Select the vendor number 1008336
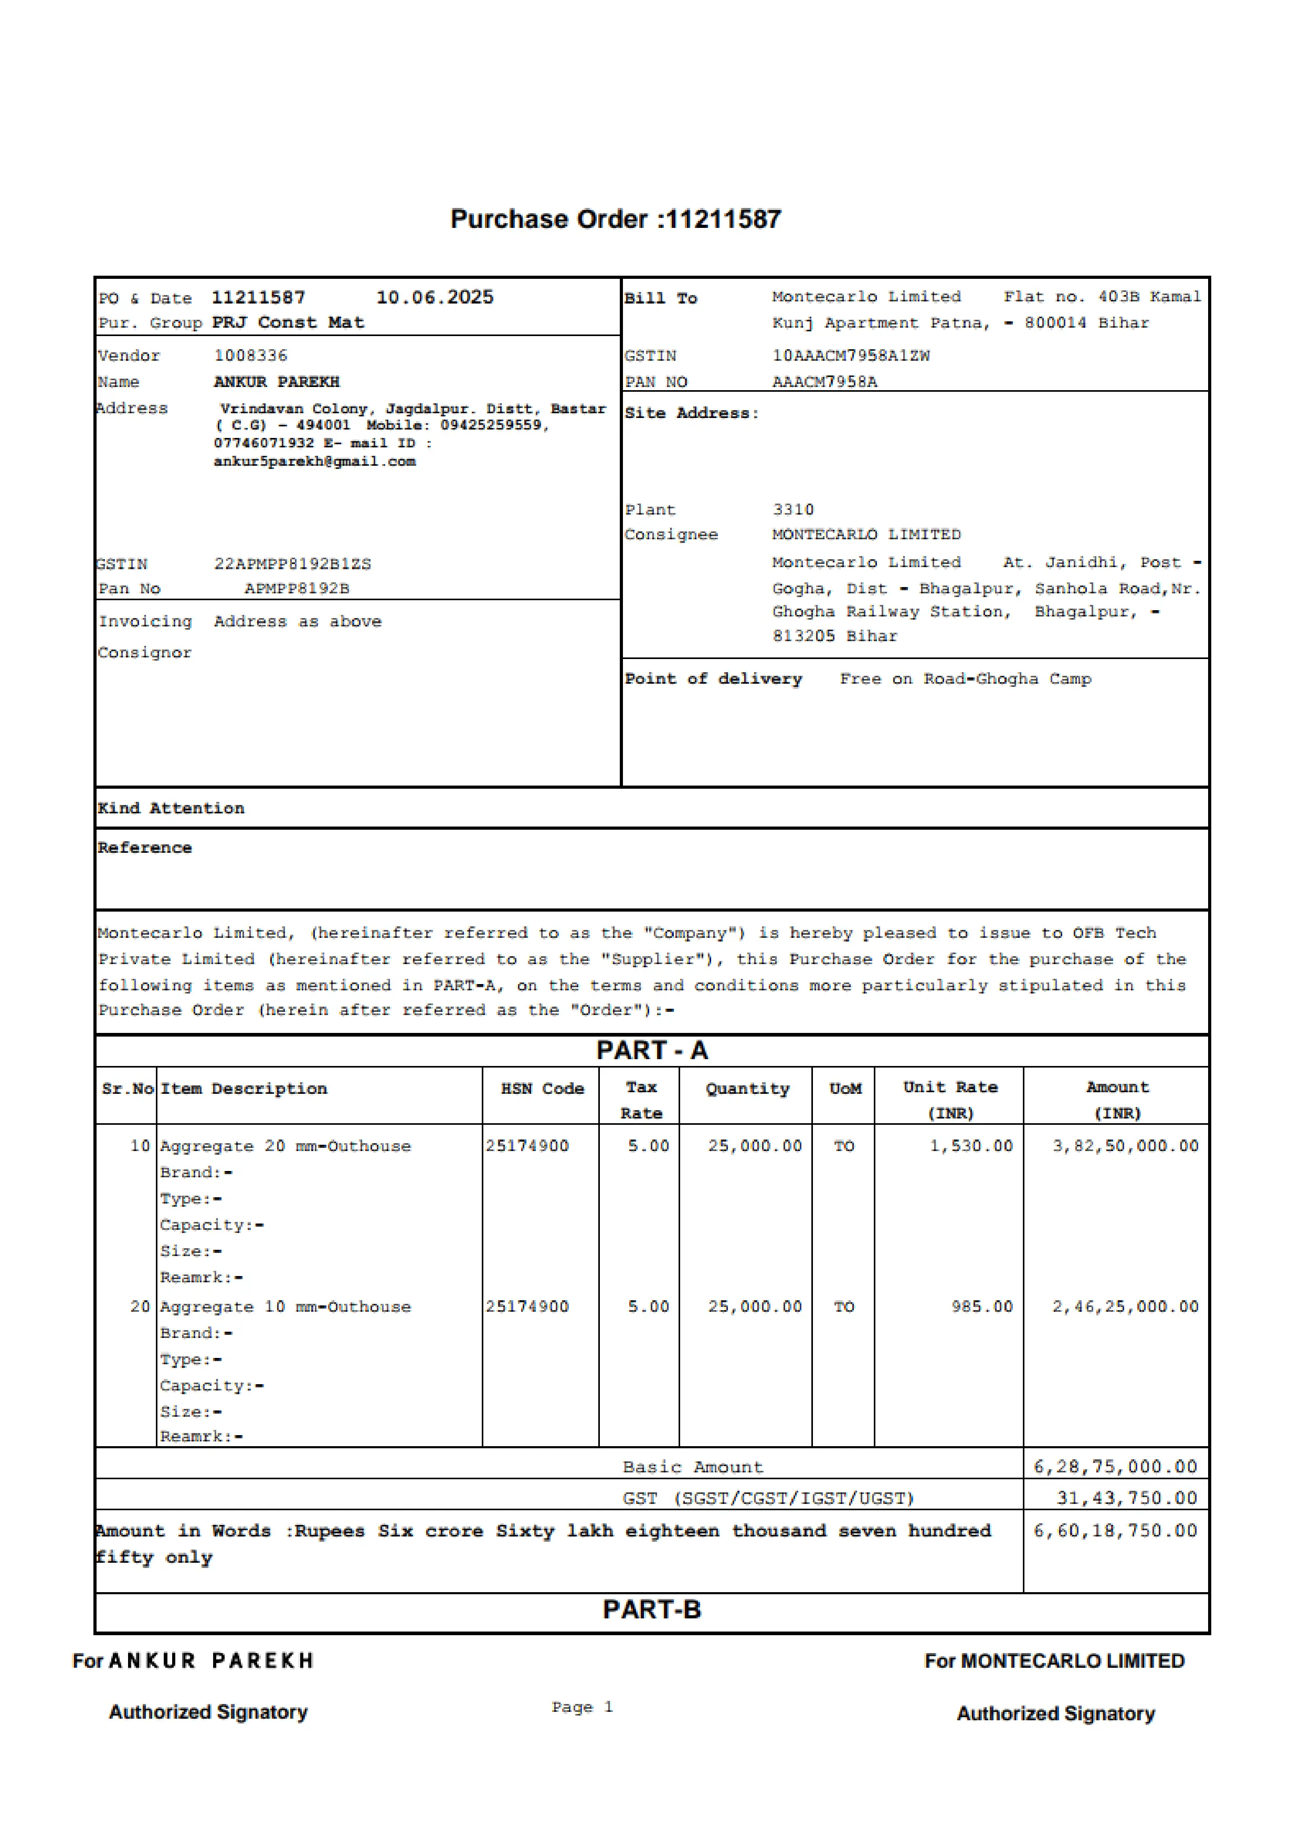tap(250, 355)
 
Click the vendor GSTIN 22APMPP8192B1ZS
tap(292, 564)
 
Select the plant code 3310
tap(793, 510)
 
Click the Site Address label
tap(691, 413)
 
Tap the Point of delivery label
tap(713, 679)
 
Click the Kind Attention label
tap(171, 808)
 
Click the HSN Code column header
tap(542, 1088)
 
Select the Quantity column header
tap(747, 1088)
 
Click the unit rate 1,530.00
tap(971, 1146)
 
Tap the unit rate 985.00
tap(982, 1306)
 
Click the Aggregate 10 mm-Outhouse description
tap(285, 1306)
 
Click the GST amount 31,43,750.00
tap(1126, 1498)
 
